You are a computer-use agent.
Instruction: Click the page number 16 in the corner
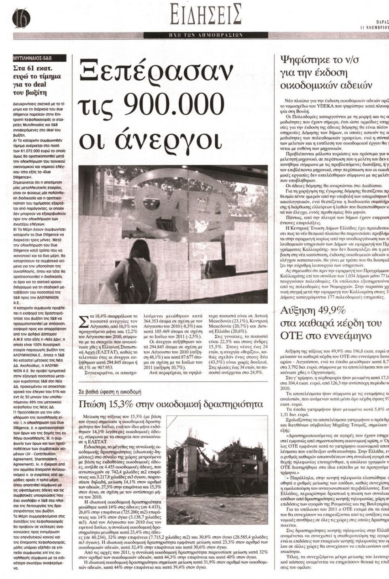click(x=19, y=17)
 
